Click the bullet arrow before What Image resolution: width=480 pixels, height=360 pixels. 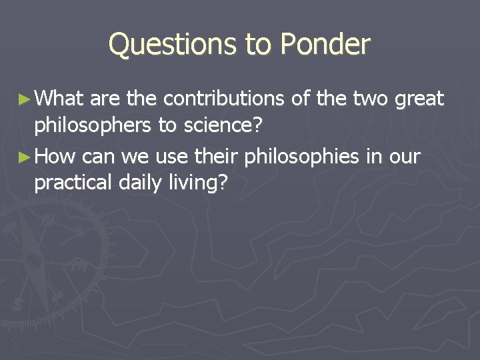pyautogui.click(x=24, y=99)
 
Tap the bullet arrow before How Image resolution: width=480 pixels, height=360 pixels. pyautogui.click(x=24, y=157)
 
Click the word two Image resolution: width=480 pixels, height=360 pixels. pyautogui.click(x=369, y=99)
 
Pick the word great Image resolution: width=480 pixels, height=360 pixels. pyautogui.click(x=419, y=100)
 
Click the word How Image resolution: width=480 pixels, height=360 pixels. pyautogui.click(x=57, y=157)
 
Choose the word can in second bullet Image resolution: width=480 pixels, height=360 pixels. pyautogui.click(x=99, y=158)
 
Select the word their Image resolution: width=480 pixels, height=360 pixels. pyautogui.click(x=217, y=157)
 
